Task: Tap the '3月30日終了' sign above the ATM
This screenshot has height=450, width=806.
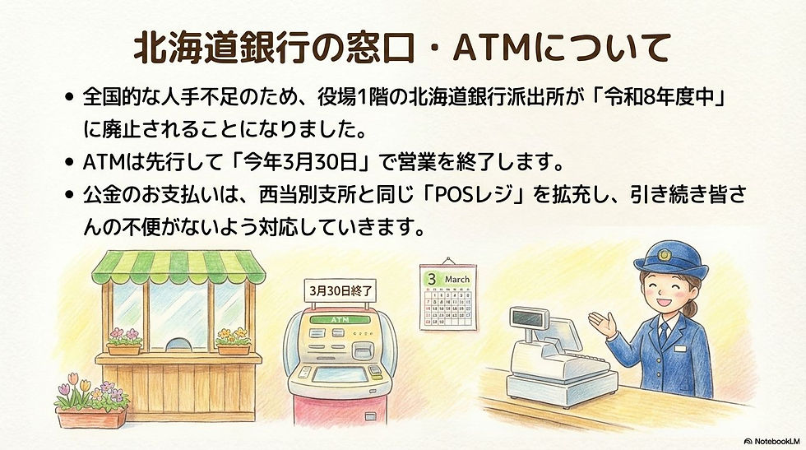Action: click(341, 290)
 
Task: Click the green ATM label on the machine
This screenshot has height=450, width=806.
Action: click(339, 318)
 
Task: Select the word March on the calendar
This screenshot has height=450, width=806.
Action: click(457, 279)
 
